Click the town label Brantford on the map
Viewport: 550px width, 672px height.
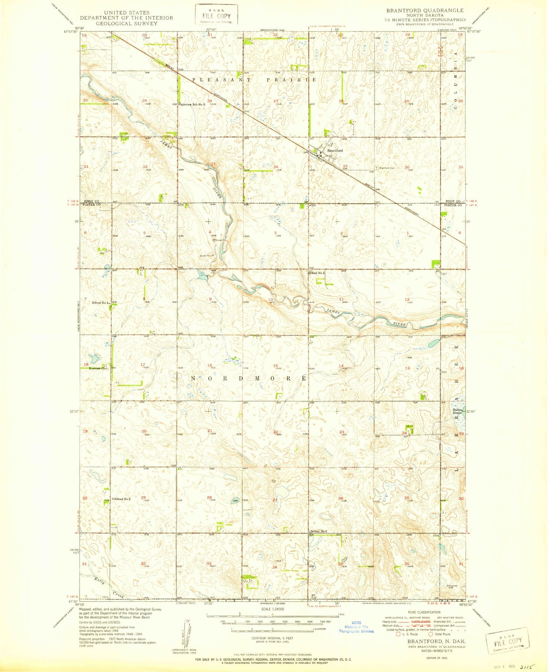[335, 151]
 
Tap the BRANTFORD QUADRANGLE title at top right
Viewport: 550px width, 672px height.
[425, 10]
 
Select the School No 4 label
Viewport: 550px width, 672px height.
[317, 273]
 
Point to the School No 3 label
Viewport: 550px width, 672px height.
[319, 531]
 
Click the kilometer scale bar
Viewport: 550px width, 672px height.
[271, 640]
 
